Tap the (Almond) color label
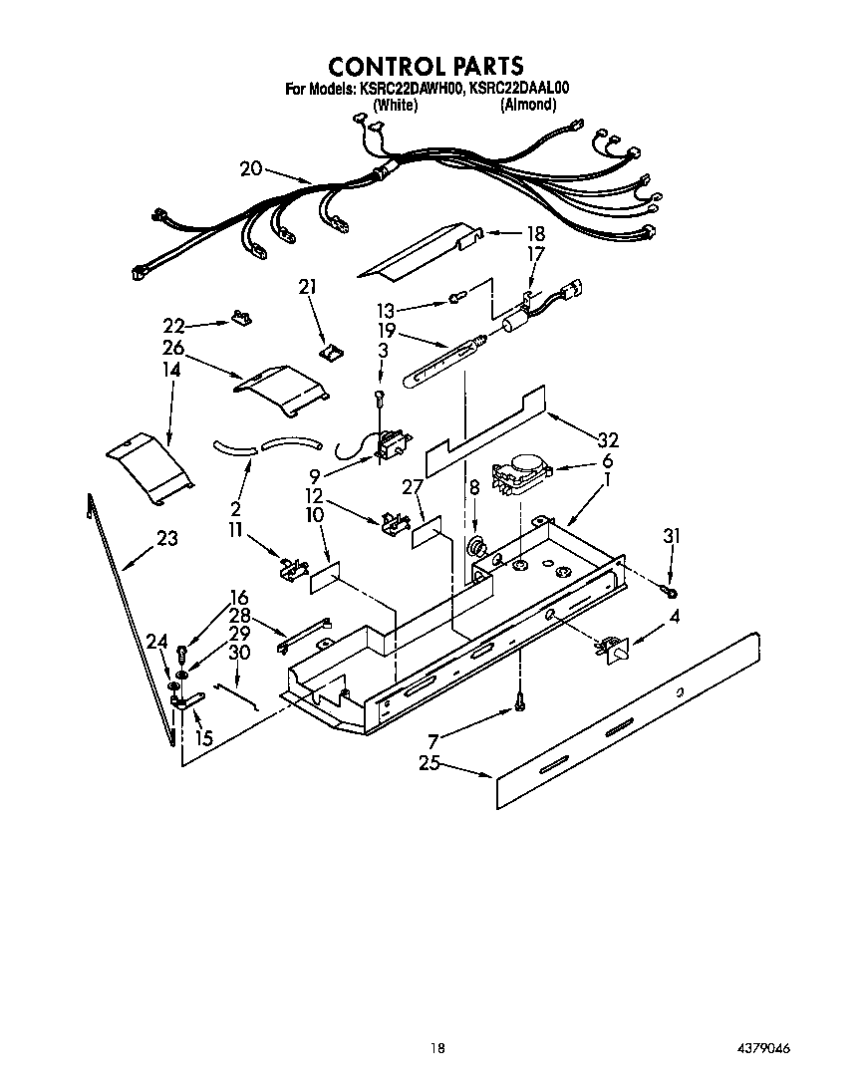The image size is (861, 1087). pos(527,105)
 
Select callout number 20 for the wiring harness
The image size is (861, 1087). pos(250,169)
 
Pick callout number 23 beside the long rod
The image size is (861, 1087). pos(166,538)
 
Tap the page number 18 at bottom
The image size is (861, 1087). pos(436,1047)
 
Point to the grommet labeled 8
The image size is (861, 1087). pos(476,547)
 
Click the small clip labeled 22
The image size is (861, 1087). pos(242,317)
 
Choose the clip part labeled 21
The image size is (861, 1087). pos(330,351)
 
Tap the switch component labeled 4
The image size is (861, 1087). pos(610,651)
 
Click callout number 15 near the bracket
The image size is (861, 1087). pos(203,738)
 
